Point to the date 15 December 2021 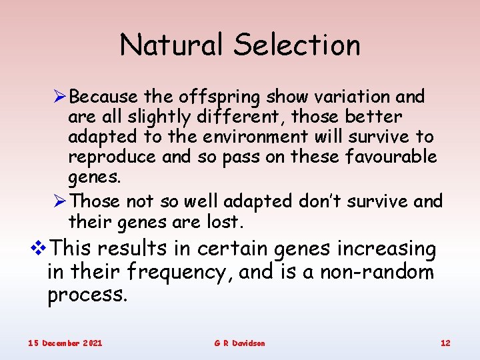65,343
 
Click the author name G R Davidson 239,343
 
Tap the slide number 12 445,343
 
